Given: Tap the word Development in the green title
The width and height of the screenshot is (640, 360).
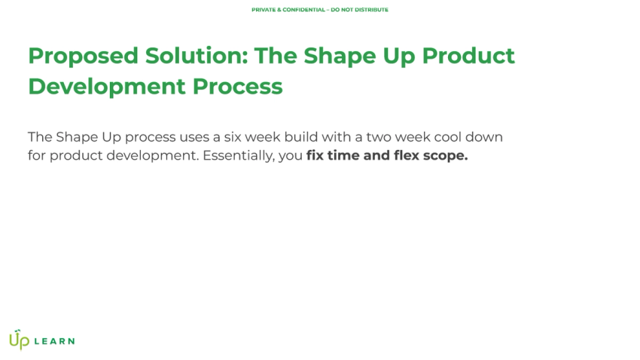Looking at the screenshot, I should tap(107, 86).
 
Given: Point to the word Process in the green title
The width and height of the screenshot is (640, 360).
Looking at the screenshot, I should tap(237, 86).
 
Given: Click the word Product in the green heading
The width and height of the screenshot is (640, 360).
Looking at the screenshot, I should tap(468, 56).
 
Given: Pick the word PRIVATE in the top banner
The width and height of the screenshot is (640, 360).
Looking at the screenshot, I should tap(263, 10).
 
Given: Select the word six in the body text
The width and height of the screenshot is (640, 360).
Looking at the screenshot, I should tap(231, 137).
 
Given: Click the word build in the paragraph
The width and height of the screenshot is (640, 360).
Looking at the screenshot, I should tap(300, 137).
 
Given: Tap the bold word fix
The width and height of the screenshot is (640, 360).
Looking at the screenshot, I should tap(315, 157).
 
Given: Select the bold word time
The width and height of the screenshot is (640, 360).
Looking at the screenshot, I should tap(343, 157).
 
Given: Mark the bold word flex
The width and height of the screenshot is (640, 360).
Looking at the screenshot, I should tap(407, 157).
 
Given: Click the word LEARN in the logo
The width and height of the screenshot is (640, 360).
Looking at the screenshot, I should tap(54, 341).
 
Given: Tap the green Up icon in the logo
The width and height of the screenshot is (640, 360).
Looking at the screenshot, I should tap(19, 340).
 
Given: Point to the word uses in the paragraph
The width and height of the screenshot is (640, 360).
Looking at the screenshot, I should tap(194, 137).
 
